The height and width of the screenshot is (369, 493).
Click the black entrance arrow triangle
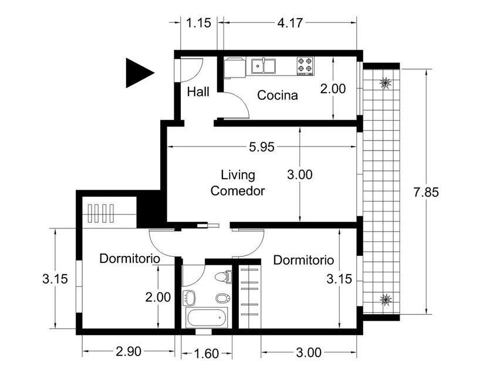139,73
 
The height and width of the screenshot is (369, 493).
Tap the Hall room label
198,92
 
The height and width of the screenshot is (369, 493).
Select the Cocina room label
277,95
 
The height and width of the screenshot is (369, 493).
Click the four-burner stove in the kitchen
305,66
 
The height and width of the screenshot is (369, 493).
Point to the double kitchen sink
264,66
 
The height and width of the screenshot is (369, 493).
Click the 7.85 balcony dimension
426,192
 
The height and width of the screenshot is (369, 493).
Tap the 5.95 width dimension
262,147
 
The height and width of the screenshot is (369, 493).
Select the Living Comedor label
238,183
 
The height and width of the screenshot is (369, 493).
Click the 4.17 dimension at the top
290,23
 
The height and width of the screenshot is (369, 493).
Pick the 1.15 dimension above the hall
199,23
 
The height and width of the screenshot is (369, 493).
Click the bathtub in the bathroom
207,317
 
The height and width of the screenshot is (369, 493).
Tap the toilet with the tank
224,276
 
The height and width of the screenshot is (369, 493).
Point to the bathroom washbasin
189,298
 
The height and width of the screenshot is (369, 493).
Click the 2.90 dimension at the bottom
129,351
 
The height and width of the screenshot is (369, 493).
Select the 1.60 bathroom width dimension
206,354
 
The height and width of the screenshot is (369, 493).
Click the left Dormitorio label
130,258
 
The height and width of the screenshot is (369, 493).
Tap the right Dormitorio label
303,260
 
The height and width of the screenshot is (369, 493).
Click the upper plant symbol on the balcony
385,83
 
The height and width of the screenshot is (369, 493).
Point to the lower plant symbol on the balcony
386,300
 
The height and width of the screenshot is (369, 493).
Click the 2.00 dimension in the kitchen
333,89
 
